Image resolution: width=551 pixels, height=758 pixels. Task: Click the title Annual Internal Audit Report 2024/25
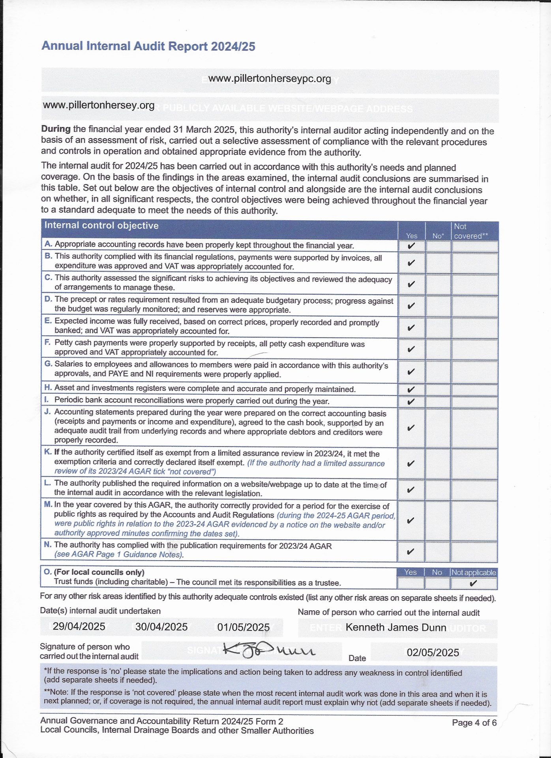[148, 46]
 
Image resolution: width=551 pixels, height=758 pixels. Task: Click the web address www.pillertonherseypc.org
[270, 79]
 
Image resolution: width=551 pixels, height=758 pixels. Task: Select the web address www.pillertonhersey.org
[99, 105]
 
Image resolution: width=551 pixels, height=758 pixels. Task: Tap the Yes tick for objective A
[411, 246]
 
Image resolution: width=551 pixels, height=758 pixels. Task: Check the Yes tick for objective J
[410, 428]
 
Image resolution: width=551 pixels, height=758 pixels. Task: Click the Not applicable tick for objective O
[474, 583]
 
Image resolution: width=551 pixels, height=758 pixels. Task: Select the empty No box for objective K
[438, 463]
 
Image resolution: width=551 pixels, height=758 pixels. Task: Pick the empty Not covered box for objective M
[474, 520]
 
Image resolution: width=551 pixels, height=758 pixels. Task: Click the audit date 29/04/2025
[79, 627]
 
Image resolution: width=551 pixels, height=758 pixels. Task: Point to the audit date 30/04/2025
[161, 627]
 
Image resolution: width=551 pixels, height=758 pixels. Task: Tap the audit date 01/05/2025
[244, 627]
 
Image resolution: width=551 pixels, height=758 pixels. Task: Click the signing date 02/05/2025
[433, 652]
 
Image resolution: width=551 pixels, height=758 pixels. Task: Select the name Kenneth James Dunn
[396, 627]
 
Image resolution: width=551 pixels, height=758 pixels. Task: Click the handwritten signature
[268, 650]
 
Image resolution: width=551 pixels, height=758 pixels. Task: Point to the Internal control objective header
[101, 225]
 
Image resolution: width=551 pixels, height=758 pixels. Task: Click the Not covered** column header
[471, 231]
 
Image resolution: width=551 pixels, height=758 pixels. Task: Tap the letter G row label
[48, 364]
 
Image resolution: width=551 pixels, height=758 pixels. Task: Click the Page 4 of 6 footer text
[474, 722]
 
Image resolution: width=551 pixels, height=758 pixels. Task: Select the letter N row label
[48, 545]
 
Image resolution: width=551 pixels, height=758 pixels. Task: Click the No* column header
[438, 236]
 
